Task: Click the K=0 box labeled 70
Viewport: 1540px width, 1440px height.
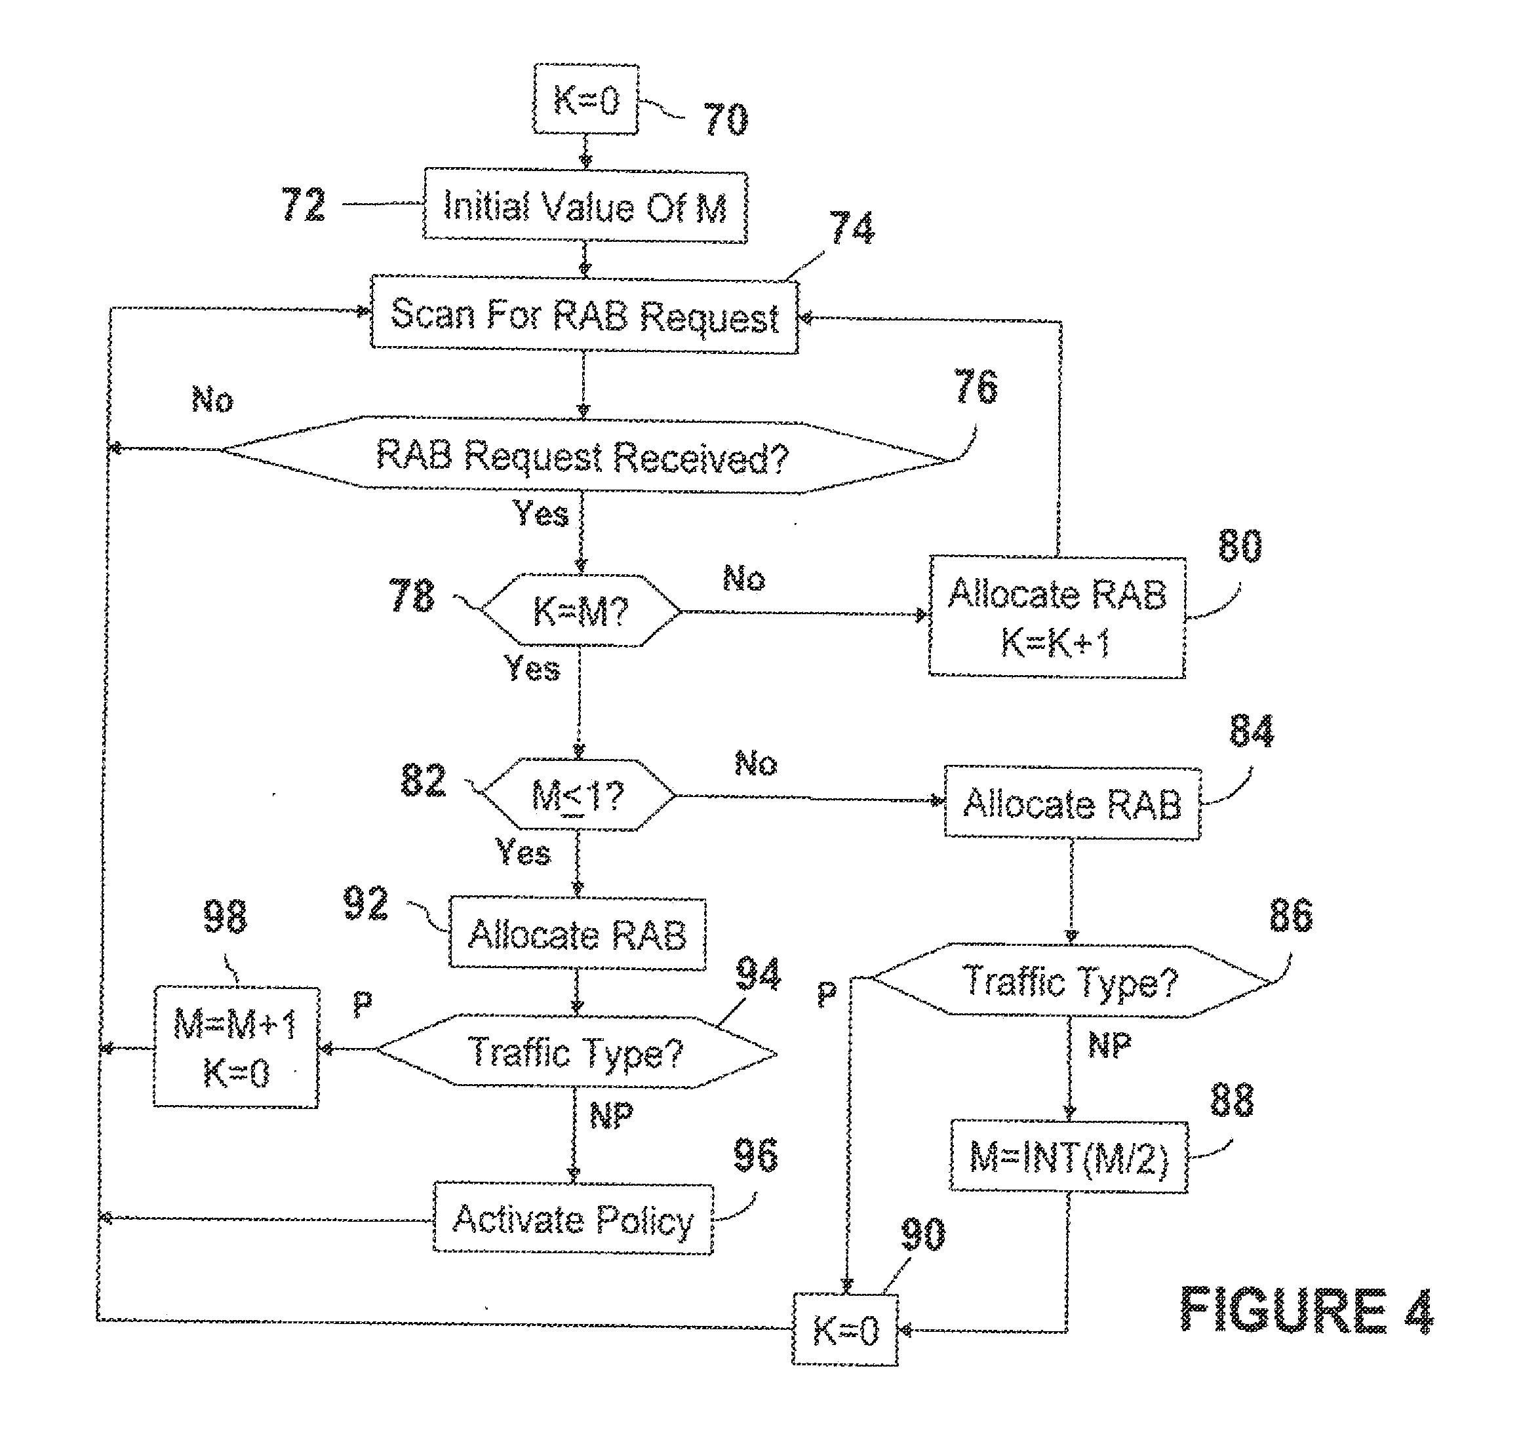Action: [585, 100]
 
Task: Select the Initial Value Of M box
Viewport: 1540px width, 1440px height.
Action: [585, 208]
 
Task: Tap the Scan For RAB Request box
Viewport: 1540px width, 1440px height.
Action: [585, 315]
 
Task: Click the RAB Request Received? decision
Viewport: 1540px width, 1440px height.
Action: [583, 456]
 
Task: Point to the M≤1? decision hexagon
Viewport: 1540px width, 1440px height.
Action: [577, 796]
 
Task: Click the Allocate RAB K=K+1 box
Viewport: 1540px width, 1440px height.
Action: [1057, 617]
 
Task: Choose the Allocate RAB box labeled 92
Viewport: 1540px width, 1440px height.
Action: [577, 934]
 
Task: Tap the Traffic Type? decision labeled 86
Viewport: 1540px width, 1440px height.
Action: [1070, 981]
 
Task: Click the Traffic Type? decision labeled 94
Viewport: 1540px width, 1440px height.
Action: [576, 1052]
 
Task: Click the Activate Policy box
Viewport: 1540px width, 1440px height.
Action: [572, 1219]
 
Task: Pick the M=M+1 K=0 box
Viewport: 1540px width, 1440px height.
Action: [235, 1048]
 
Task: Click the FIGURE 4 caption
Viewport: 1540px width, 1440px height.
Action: [1306, 1311]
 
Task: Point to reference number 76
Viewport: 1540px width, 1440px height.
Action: [976, 387]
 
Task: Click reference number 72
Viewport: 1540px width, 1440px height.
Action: [303, 205]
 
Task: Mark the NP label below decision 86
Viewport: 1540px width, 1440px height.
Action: [1109, 1045]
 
